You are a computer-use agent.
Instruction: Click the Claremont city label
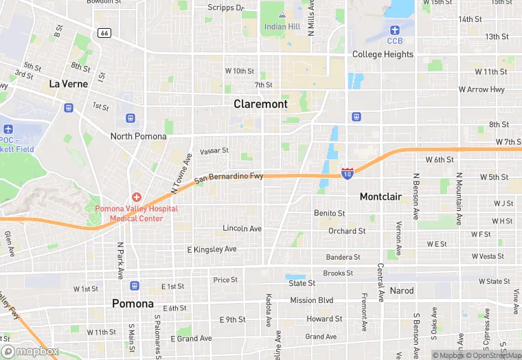pyautogui.click(x=260, y=104)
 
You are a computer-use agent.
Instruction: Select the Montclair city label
pyautogui.click(x=381, y=196)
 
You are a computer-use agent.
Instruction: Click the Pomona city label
pyautogui.click(x=133, y=303)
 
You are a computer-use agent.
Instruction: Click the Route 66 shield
pyautogui.click(x=104, y=32)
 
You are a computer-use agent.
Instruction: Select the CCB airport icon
pyautogui.click(x=394, y=30)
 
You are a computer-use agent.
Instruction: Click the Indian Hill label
pyautogui.click(x=282, y=27)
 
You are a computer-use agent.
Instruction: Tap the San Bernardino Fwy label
pyautogui.click(x=229, y=178)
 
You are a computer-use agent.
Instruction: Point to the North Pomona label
pyautogui.click(x=139, y=136)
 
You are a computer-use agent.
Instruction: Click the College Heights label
pyautogui.click(x=383, y=54)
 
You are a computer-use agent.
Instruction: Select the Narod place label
pyautogui.click(x=402, y=291)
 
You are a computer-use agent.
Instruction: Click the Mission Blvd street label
pyautogui.click(x=311, y=300)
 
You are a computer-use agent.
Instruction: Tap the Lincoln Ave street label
pyautogui.click(x=242, y=228)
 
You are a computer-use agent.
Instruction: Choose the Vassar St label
pyautogui.click(x=214, y=150)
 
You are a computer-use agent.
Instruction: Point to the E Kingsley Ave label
pyautogui.click(x=212, y=249)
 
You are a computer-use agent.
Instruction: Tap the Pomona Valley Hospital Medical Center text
pyautogui.click(x=136, y=214)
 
